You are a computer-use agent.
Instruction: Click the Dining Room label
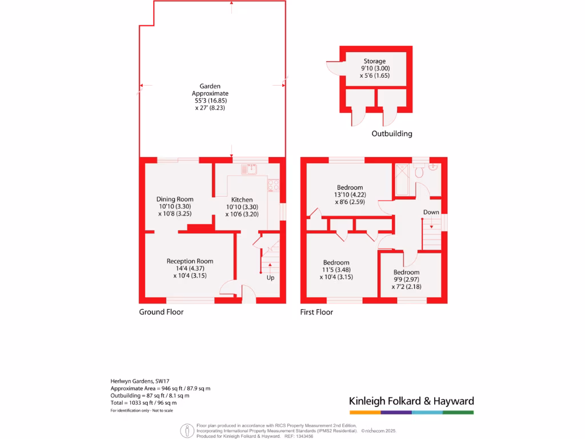click(x=175, y=199)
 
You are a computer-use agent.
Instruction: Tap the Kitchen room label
click(x=242, y=200)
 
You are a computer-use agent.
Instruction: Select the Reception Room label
click(x=190, y=261)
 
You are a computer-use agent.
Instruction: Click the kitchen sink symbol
click(x=250, y=169)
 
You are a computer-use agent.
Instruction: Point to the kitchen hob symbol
click(x=274, y=185)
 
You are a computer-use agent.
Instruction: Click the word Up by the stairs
click(x=270, y=278)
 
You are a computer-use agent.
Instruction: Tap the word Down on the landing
click(x=431, y=213)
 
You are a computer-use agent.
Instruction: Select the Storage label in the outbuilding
click(x=375, y=61)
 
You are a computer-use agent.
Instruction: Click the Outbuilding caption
click(x=392, y=134)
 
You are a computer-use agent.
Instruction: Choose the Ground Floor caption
click(x=161, y=312)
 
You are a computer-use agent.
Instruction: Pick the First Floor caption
click(x=316, y=312)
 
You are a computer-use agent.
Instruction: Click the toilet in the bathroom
click(x=419, y=170)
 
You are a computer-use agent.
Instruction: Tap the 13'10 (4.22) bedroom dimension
click(x=350, y=195)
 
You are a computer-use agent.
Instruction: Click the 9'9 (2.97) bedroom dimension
click(x=406, y=280)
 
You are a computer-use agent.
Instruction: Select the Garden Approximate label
click(x=210, y=90)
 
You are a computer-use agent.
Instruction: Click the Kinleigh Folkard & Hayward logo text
click(x=411, y=401)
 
